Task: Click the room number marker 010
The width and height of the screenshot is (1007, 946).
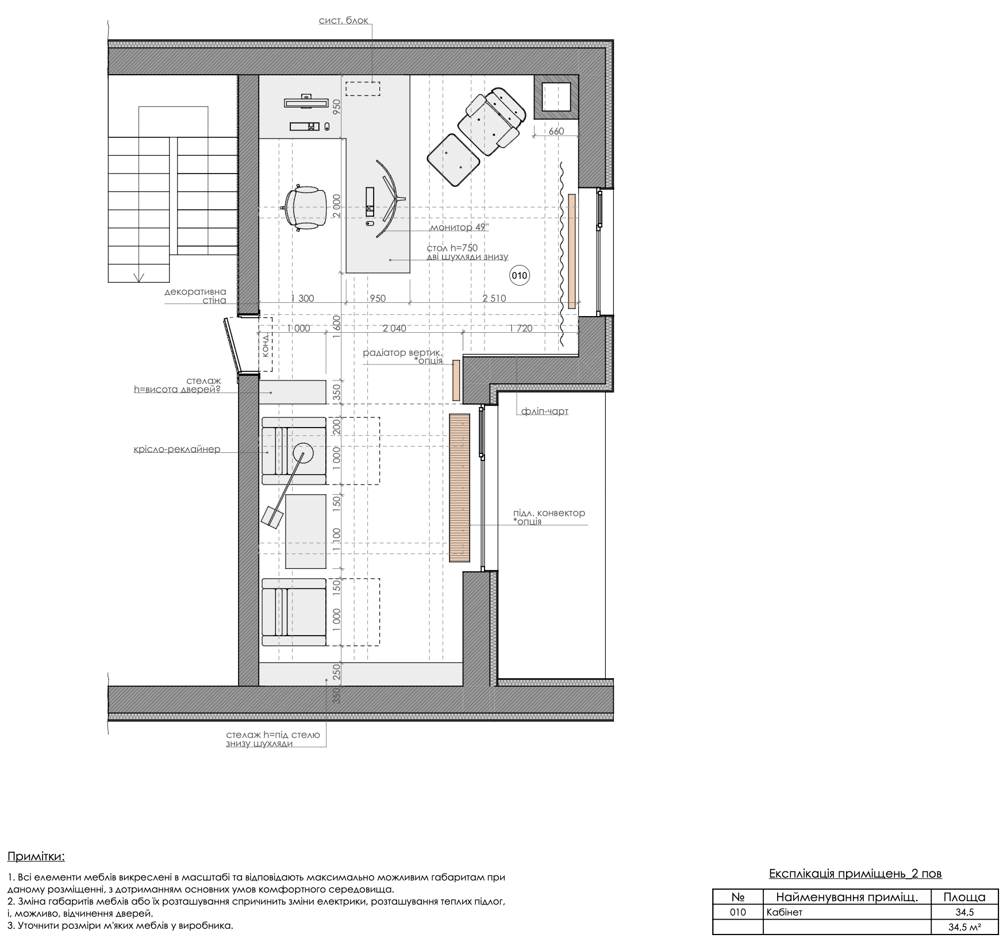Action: (x=519, y=276)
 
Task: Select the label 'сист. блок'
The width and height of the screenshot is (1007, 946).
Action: (x=343, y=21)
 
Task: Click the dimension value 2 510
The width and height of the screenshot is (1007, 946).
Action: (x=494, y=298)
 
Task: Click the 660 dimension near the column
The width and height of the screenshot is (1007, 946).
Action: (x=556, y=131)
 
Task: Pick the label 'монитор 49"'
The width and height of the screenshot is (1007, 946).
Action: (x=459, y=227)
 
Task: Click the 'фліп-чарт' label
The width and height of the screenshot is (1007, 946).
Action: (x=545, y=412)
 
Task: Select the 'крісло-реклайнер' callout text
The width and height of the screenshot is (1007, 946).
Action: (x=177, y=449)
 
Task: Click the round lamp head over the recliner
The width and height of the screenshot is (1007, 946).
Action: (x=302, y=454)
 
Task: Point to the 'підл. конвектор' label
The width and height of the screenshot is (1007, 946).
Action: (x=549, y=513)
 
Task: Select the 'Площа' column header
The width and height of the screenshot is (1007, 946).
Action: (x=964, y=897)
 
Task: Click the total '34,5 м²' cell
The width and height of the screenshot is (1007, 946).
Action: (x=964, y=927)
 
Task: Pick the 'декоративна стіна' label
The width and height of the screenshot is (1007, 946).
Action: (x=195, y=296)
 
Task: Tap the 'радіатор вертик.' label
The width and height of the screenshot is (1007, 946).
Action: (x=403, y=352)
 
